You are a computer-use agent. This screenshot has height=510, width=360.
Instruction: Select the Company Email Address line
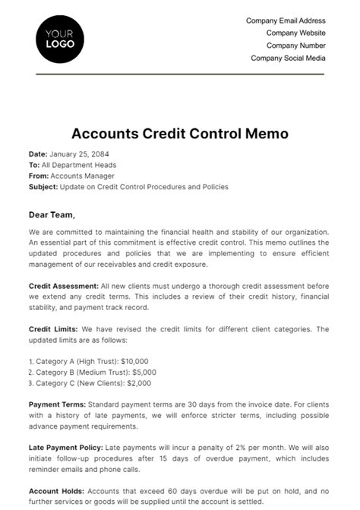pyautogui.click(x=286, y=21)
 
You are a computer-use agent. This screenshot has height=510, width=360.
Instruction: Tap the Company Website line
pyautogui.click(x=295, y=33)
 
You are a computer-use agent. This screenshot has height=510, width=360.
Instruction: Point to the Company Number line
pyautogui.click(x=295, y=46)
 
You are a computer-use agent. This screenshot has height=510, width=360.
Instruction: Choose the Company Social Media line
pyautogui.click(x=288, y=58)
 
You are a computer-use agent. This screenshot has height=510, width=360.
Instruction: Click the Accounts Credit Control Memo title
pyautogui.click(x=179, y=134)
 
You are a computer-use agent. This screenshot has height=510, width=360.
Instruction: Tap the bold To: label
pyautogui.click(x=34, y=165)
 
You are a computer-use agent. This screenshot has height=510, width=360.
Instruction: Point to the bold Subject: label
pyautogui.click(x=43, y=186)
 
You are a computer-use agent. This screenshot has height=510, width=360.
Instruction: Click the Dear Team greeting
pyautogui.click(x=52, y=214)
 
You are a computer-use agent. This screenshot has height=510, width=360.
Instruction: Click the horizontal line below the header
pyautogui.click(x=179, y=74)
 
